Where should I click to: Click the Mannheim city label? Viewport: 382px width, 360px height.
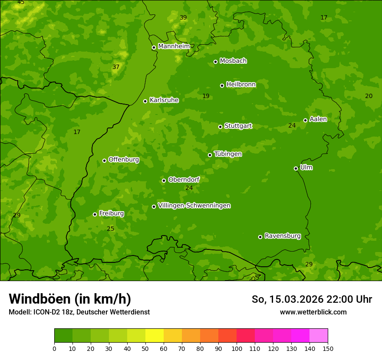coord(174,46)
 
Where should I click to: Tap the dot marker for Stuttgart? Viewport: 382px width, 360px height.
coord(220,127)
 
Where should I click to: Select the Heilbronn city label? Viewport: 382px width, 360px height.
coord(241,85)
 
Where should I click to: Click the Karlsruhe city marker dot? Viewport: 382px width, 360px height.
coord(145,101)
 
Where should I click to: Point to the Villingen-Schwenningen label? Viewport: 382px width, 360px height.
coord(194,206)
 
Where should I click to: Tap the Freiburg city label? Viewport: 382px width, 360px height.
coord(111,213)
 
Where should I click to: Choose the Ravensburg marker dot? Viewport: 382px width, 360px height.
coord(260,237)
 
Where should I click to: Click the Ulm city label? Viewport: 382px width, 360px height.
coord(306,167)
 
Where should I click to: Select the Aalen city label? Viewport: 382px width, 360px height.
coord(318,119)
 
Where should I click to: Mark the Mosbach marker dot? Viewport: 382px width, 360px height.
coord(215,62)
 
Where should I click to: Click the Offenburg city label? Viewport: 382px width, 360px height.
coord(124,160)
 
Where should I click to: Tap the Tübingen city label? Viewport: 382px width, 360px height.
coord(228,154)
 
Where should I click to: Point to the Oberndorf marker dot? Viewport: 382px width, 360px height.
coord(164,180)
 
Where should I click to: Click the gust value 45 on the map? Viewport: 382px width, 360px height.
coord(21,3)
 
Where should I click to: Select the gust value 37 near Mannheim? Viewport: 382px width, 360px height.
coord(116,67)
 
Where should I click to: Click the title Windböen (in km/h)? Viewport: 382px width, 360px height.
coord(70,299)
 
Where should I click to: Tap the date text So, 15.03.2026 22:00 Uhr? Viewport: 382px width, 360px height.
coord(312,299)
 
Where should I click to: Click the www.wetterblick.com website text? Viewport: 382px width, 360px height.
coord(313,312)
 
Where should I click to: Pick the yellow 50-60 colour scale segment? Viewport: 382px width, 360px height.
coord(155,336)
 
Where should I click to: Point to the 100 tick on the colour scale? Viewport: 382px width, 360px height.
coord(237,348)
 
